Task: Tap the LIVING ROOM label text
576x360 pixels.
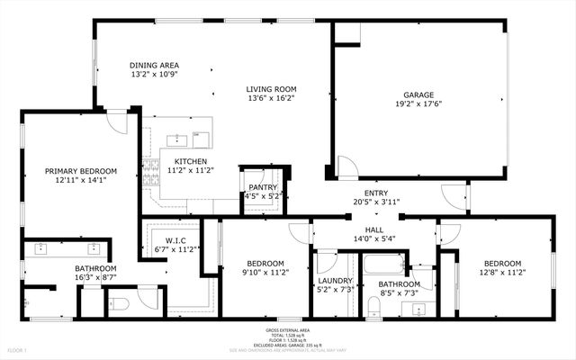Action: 272,89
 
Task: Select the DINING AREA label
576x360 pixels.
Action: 155,66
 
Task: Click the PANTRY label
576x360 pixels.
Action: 263,186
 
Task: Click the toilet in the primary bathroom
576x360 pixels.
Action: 121,304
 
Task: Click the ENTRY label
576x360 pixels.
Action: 376,193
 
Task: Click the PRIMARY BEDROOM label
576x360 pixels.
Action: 81,171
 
